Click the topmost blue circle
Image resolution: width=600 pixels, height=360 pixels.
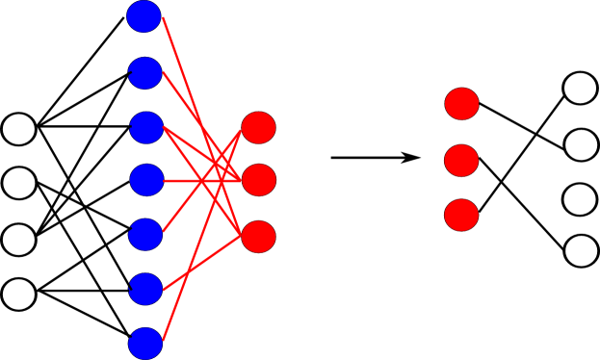pos(143,16)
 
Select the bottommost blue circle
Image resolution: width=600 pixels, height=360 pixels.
pos(145,344)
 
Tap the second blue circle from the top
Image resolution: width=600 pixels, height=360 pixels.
pos(145,73)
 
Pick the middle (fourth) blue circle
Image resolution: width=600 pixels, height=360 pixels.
pos(146,180)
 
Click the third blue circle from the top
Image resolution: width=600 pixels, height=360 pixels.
pos(146,128)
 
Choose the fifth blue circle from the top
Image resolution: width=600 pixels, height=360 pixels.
pos(145,235)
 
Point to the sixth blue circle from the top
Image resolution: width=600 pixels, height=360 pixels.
pos(146,289)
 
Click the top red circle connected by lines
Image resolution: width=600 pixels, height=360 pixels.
pos(258,127)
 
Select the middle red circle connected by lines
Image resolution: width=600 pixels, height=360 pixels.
pos(259,180)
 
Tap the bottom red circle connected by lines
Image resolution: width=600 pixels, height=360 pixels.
pos(258,237)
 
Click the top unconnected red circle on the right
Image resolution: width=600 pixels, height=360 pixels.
pos(462,104)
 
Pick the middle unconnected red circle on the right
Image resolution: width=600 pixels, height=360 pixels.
pos(461,161)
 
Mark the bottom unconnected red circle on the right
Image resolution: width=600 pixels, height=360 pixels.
pos(461,216)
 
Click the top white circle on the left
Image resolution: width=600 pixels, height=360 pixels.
pos(19,129)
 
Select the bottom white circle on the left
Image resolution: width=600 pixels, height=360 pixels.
pos(19,295)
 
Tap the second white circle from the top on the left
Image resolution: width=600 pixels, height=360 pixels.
pos(19,183)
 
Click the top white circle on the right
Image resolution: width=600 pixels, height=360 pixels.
pos(580,88)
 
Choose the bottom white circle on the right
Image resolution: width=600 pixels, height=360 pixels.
pos(581,251)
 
